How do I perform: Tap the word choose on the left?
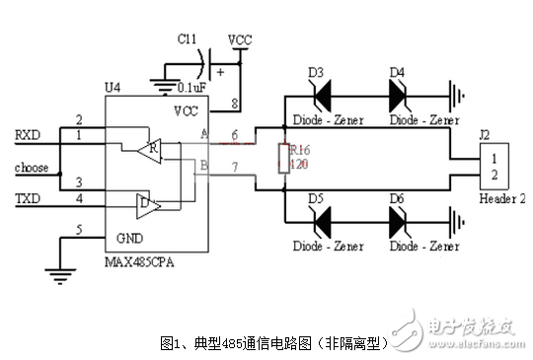(x=31, y=168)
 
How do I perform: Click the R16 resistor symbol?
(x=282, y=159)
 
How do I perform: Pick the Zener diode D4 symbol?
(x=398, y=97)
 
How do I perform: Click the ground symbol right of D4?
(x=457, y=97)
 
